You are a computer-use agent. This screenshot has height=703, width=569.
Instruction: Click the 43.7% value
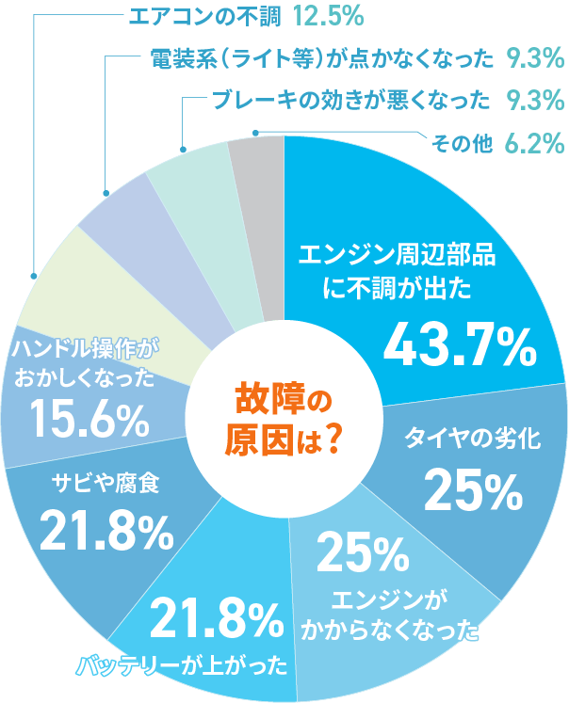[x=459, y=346]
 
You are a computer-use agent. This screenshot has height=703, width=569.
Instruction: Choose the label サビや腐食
[x=105, y=484]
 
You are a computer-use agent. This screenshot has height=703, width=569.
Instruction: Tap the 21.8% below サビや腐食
[x=106, y=533]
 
